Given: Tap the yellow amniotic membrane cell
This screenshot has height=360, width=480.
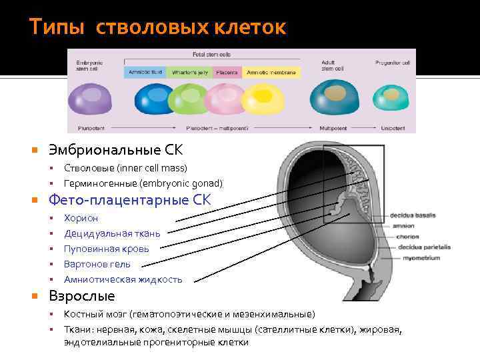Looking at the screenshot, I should pos(265,99).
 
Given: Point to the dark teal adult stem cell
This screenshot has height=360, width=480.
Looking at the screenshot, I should pos(334,98).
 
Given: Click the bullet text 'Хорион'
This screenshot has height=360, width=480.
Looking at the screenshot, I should pos(81,218).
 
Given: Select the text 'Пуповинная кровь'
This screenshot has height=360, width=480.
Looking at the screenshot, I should pos(106,249).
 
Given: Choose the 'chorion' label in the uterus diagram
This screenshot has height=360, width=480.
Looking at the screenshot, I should pos(408,237).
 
